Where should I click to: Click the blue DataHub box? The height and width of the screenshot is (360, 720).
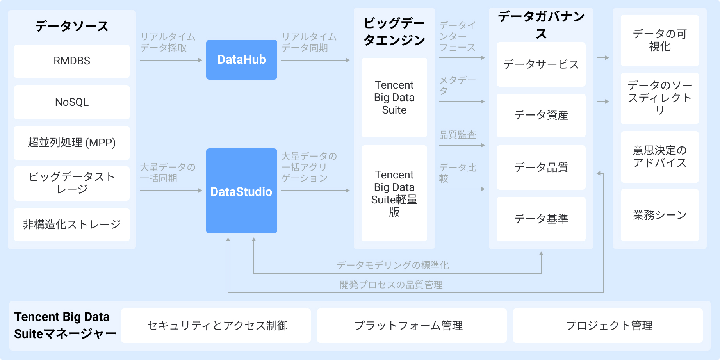click(241, 60)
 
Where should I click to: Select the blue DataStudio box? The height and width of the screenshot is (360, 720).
click(241, 191)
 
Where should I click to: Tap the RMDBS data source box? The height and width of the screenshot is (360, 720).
click(72, 61)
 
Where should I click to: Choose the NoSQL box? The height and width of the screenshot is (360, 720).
click(72, 102)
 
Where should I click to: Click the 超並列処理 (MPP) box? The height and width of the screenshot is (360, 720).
click(72, 143)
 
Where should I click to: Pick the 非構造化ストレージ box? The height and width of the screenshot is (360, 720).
click(72, 225)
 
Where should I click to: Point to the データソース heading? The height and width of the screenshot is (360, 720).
click(72, 27)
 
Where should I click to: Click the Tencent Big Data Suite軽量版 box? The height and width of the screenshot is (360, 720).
click(394, 193)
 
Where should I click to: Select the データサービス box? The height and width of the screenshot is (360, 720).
click(541, 64)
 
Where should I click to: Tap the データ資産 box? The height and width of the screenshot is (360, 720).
click(541, 116)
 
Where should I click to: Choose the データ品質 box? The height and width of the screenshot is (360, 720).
click(541, 168)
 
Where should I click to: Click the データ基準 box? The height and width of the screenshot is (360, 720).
click(541, 219)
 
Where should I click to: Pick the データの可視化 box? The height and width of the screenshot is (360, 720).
click(659, 41)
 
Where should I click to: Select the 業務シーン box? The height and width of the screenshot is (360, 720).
click(659, 215)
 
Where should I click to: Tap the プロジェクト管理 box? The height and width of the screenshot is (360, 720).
click(608, 326)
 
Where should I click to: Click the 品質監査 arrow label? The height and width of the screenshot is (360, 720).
click(457, 135)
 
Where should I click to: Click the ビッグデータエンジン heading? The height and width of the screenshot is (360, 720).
click(394, 32)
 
